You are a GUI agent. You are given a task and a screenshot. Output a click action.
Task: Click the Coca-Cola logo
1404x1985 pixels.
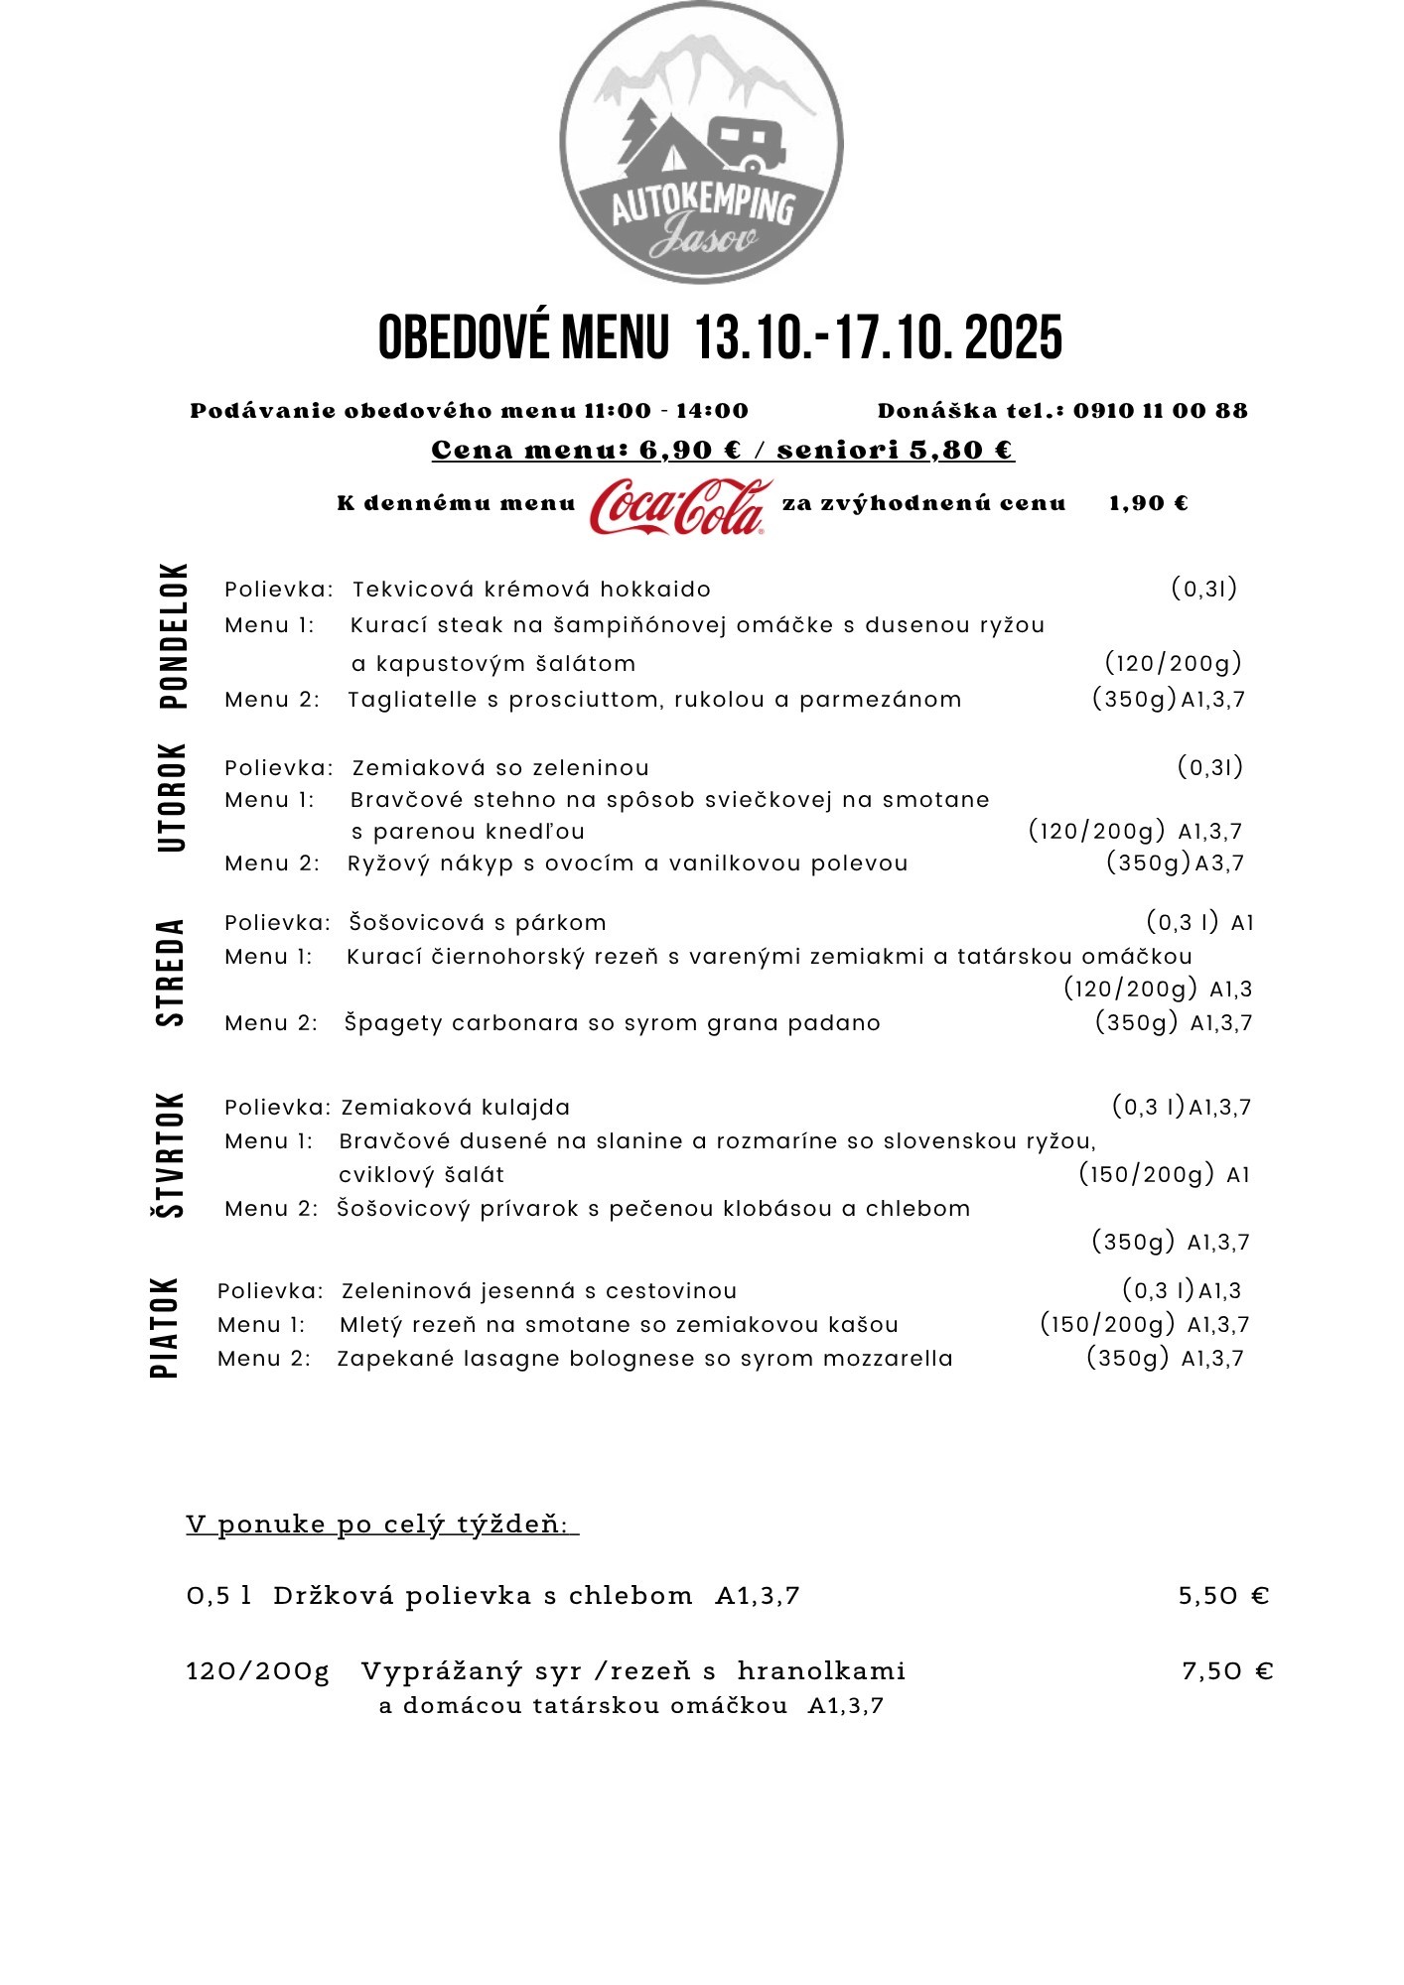tap(680, 506)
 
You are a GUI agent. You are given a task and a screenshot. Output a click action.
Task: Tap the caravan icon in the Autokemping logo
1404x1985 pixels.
tap(748, 143)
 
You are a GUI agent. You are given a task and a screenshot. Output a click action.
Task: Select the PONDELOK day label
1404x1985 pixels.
tap(173, 635)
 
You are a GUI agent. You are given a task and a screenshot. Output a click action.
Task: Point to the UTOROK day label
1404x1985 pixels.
tap(173, 797)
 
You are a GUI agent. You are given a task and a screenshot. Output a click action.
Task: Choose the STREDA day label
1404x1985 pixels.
tap(171, 972)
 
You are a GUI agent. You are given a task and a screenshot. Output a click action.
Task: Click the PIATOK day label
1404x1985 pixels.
tap(165, 1327)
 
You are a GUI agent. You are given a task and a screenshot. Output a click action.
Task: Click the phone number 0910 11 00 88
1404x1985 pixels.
tap(1160, 411)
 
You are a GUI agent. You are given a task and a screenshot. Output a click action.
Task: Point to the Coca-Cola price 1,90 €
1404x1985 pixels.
tap(1148, 503)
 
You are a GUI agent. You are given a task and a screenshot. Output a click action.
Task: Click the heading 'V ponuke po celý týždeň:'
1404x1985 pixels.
tap(382, 1523)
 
